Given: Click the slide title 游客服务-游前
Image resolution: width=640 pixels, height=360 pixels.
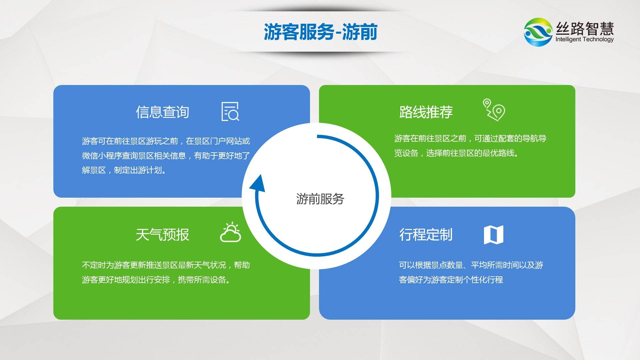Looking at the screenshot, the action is pos(320,32).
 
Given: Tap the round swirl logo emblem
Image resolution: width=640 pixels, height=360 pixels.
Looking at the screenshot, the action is pos(538,32).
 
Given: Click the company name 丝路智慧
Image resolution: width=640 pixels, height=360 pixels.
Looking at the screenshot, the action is pos(585,28).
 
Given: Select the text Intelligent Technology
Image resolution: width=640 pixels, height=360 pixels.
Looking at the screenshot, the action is pos(584,39).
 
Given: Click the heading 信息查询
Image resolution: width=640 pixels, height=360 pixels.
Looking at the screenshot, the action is pos(162,112).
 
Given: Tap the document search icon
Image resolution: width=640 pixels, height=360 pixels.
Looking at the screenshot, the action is pos(230,111).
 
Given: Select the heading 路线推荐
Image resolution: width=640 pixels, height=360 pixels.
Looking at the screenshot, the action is pos(426,112).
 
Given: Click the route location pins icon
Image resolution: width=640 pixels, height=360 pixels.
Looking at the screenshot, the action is pos(494,109).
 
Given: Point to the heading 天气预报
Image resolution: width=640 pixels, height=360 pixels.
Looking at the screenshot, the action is pos(162,235).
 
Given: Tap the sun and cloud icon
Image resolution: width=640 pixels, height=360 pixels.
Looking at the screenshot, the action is pos(230,232).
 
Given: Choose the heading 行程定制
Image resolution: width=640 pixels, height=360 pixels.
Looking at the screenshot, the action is pos(426,235).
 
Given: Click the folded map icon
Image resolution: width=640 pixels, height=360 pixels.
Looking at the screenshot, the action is pos(494,235).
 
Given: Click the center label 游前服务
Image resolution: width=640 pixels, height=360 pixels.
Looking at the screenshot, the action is pos(320,199).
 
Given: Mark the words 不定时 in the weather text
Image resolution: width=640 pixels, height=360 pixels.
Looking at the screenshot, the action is pos(94,265).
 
